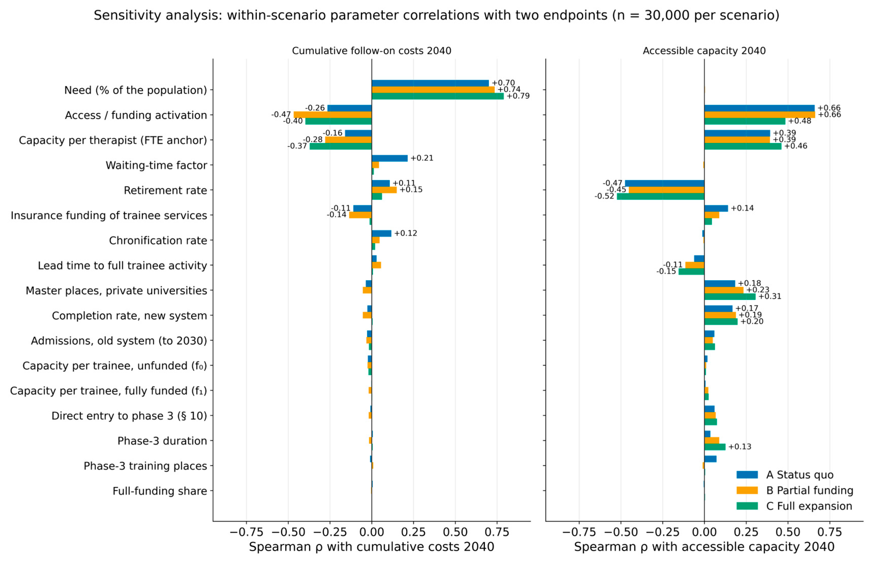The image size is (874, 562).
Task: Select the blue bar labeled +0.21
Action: pyautogui.click(x=390, y=158)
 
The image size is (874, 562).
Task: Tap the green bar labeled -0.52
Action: pyautogui.click(x=660, y=196)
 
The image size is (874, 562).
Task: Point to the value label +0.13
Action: pyautogui.click(x=740, y=447)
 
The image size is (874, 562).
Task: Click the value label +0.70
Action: pyautogui.click(x=503, y=83)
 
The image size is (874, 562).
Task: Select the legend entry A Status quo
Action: pyautogui.click(x=785, y=475)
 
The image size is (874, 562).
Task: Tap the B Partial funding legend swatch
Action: pyautogui.click(x=747, y=490)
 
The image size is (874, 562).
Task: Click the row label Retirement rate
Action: pyautogui.click(x=165, y=190)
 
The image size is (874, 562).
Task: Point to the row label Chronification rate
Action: pyautogui.click(x=158, y=240)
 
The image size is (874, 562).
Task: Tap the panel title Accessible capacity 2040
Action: pyautogui.click(x=704, y=51)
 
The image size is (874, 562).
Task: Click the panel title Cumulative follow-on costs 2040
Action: pyautogui.click(x=372, y=51)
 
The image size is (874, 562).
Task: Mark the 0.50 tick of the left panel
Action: pyautogui.click(x=455, y=532)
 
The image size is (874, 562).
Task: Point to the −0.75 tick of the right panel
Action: pyautogui.click(x=579, y=532)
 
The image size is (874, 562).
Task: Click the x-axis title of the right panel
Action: pyautogui.click(x=704, y=547)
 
